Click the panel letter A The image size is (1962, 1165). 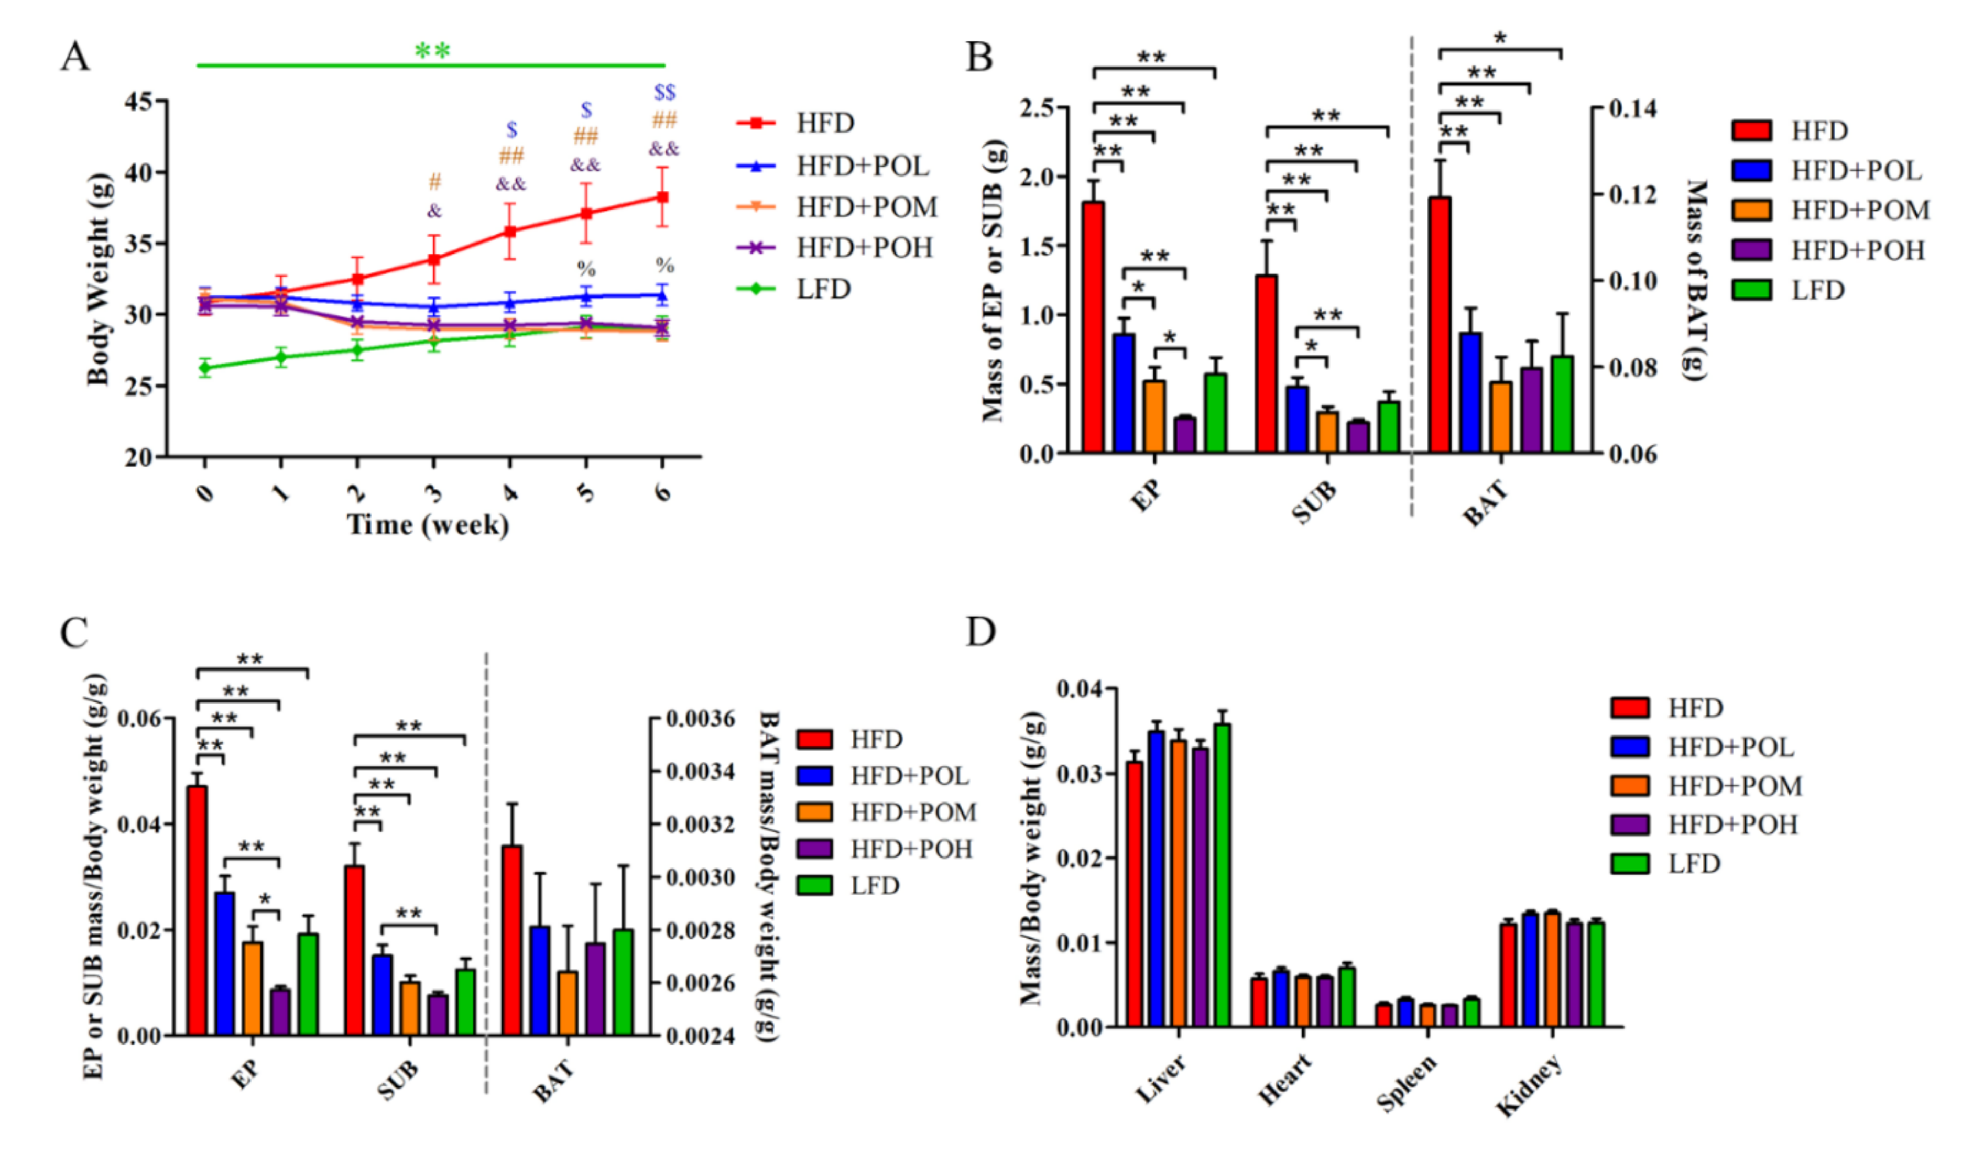point(75,57)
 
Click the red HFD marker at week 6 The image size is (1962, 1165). point(662,197)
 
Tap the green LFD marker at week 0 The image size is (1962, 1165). point(205,367)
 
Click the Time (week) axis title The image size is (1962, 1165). point(428,524)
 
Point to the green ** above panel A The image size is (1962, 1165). point(432,52)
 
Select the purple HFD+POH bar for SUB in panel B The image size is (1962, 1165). point(1358,437)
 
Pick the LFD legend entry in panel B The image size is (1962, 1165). point(1817,291)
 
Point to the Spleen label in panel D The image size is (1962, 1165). point(1407,1083)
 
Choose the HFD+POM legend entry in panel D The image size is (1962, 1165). point(1734,786)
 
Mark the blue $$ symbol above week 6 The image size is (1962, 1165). point(664,93)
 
